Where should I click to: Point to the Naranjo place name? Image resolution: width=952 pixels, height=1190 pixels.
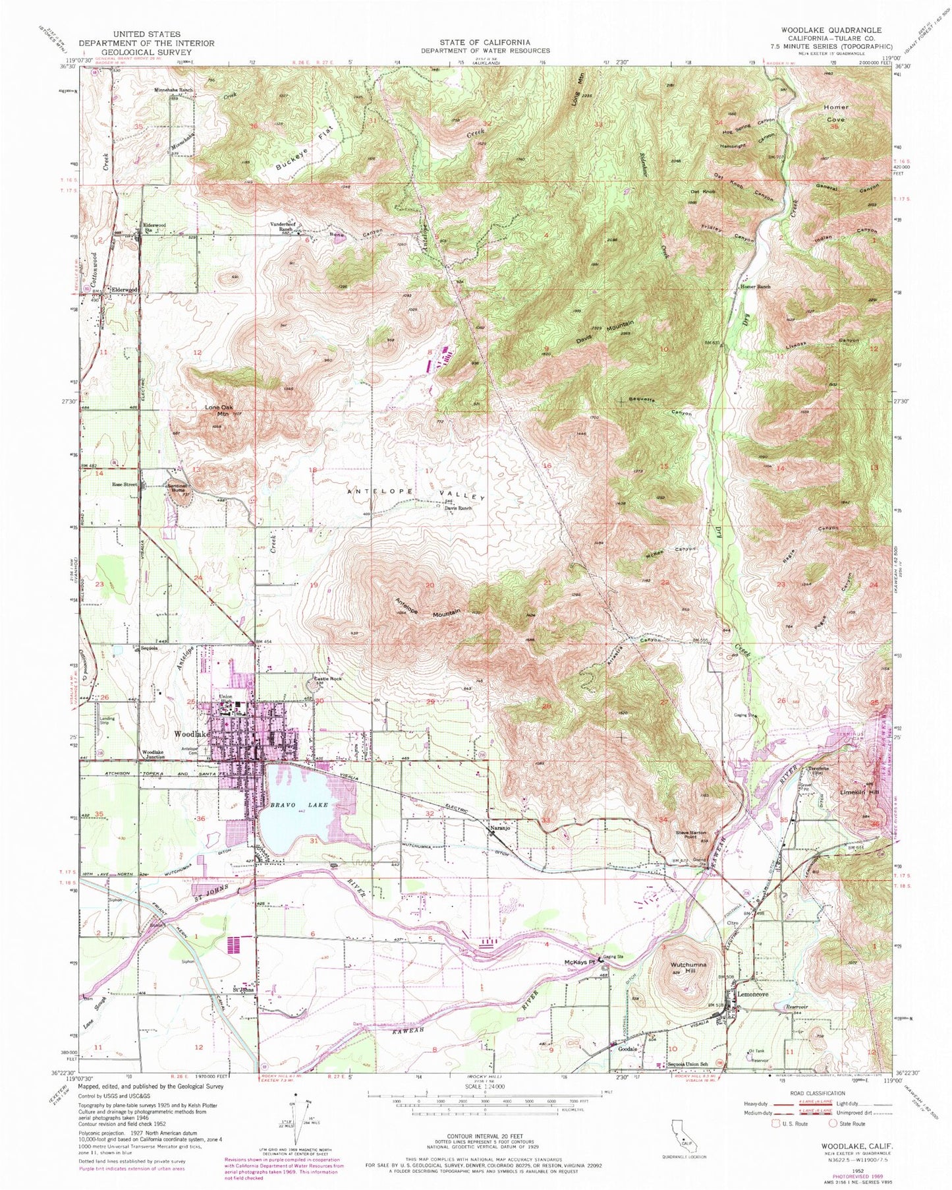click(x=498, y=829)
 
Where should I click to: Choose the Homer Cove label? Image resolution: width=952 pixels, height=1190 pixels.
click(x=835, y=113)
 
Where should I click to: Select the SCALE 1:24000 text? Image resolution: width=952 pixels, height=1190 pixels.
click(x=484, y=1086)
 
